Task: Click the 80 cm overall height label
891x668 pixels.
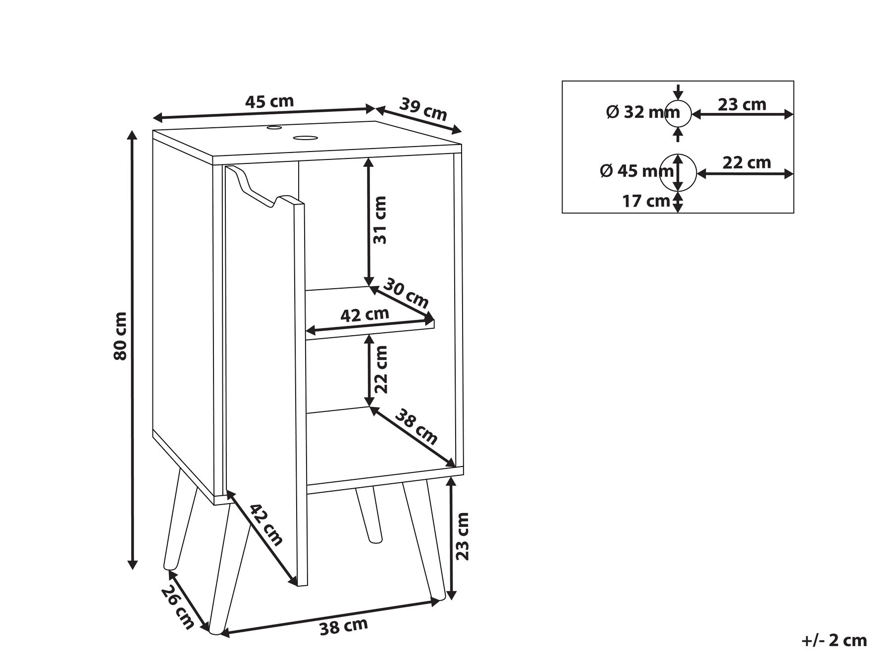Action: click(120, 336)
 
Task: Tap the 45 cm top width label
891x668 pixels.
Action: click(269, 102)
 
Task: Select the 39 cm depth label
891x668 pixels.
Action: click(423, 110)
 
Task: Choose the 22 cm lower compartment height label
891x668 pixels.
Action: click(380, 369)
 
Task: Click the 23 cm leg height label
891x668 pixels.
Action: click(462, 536)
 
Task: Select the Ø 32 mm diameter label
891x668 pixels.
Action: click(635, 113)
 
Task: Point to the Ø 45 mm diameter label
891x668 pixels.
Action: click(636, 171)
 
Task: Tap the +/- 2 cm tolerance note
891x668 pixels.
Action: click(834, 640)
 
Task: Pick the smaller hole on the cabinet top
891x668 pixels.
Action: click(273, 128)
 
